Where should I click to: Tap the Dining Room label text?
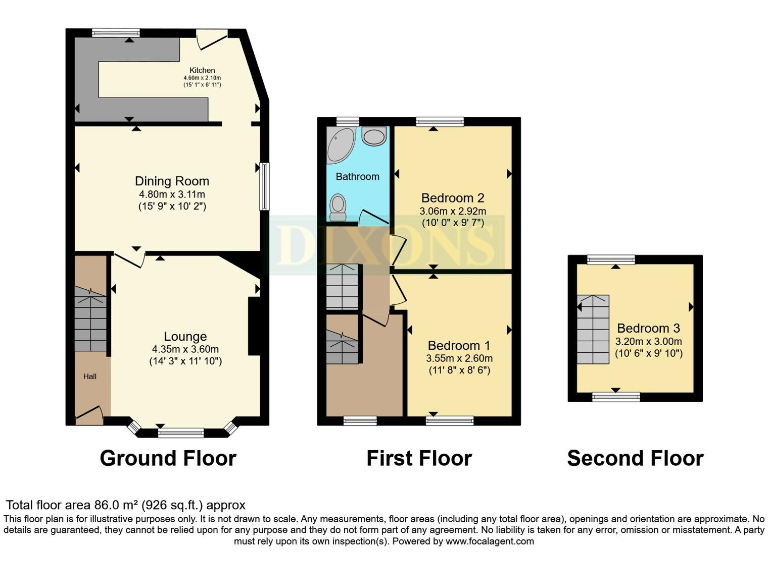point(172,181)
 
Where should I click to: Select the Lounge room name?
point(186,336)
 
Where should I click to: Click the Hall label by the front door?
point(89,378)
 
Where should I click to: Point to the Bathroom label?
point(357,176)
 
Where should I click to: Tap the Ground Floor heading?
point(168,459)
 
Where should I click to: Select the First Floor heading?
point(419,459)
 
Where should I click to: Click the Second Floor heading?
point(635,459)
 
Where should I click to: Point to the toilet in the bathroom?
point(339,206)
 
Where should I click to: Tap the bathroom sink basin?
point(374,137)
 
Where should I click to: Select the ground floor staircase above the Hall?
point(91,321)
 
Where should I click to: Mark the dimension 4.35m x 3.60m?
point(186,349)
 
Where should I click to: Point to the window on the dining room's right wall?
point(264,186)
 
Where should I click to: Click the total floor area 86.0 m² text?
point(126,505)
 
